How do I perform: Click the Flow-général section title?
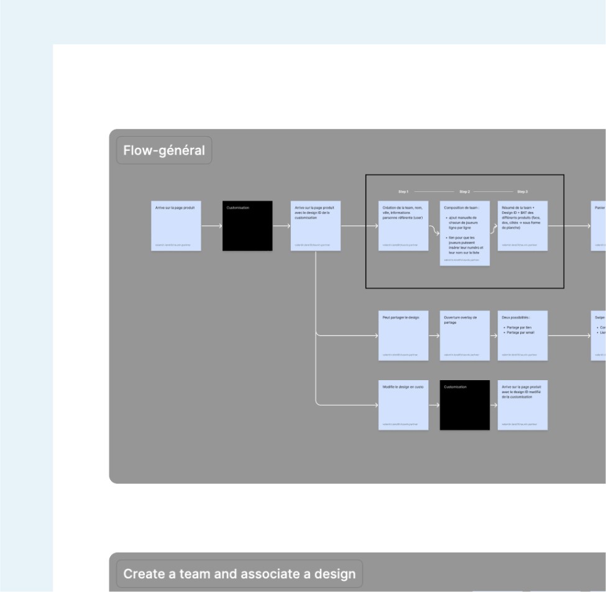[x=164, y=150]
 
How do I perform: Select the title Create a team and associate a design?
[x=239, y=574]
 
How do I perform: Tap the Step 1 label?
[x=403, y=191]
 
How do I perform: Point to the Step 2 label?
[x=464, y=191]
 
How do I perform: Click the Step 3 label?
[x=522, y=191]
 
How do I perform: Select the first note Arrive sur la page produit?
[x=176, y=225]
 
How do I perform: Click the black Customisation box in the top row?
[x=247, y=225]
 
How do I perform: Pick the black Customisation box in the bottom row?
[x=464, y=405]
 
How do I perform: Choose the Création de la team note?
[x=403, y=225]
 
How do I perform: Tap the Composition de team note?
[x=464, y=233]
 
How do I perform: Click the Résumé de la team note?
[x=522, y=225]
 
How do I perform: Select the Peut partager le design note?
[x=403, y=335]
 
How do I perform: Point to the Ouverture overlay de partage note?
[x=464, y=335]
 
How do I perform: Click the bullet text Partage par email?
[x=518, y=332]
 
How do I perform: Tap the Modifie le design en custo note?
[x=403, y=405]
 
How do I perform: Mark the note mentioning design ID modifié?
[x=522, y=405]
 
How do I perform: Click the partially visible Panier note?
[x=599, y=225]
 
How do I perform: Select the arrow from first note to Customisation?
[x=211, y=226]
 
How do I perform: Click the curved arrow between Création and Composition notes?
[x=434, y=232]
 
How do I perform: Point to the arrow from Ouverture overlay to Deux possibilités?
[x=494, y=335]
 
